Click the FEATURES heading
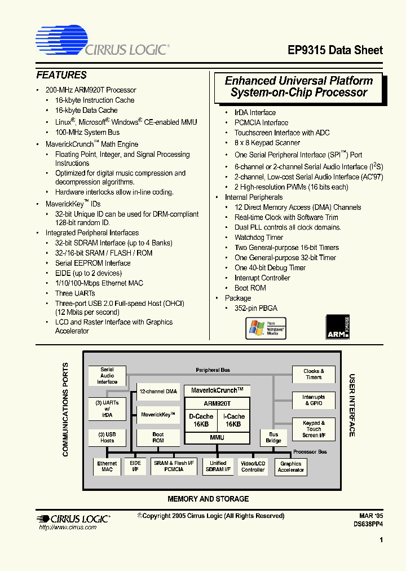pos(61,75)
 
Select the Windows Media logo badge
pos(266,328)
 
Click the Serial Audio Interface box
pos(107,376)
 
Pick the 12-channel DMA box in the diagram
pos(158,391)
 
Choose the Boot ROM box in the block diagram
pos(158,437)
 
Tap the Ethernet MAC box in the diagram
pos(107,466)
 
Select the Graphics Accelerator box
pos(291,467)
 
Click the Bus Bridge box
pos(273,437)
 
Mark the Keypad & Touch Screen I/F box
pos(314,429)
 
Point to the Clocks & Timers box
pos(314,375)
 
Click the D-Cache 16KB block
pos(201,420)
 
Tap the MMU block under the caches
pos(217,437)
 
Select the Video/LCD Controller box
pos(253,466)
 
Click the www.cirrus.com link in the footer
pos(68,527)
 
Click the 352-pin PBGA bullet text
pos(256,308)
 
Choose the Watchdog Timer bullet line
pos(259,238)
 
